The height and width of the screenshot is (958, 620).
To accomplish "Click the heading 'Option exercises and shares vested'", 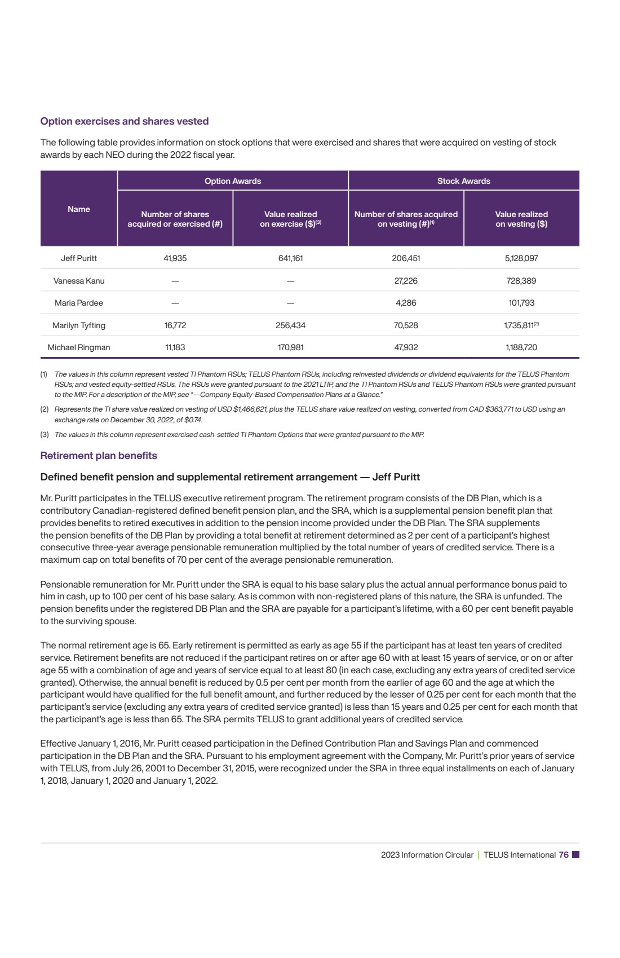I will [125, 121].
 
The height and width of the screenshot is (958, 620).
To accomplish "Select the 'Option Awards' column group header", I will [233, 181].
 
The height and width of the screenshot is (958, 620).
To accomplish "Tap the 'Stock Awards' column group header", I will [463, 181].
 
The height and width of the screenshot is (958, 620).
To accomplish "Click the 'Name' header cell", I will [79, 209].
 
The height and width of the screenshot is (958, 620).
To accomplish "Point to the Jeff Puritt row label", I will [79, 258].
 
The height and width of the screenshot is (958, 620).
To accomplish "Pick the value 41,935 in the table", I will [175, 258].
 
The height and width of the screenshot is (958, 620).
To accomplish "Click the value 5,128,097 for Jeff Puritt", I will [521, 258].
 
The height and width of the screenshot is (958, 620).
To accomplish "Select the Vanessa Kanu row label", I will [79, 281].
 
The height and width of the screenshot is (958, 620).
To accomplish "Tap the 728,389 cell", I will [521, 281].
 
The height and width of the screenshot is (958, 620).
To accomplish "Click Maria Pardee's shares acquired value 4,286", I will [406, 303].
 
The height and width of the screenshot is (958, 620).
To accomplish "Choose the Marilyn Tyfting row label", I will [79, 325].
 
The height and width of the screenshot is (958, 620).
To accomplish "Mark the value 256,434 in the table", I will [290, 325].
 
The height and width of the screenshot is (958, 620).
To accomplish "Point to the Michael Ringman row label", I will [79, 347].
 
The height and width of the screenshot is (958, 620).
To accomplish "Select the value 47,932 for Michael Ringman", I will [406, 347].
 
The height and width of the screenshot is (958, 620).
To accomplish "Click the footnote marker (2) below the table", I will [44, 409].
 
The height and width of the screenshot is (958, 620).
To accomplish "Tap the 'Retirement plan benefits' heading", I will [99, 456].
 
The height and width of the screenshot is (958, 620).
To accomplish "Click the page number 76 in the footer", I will [564, 855].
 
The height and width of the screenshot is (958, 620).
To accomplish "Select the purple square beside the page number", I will [575, 855].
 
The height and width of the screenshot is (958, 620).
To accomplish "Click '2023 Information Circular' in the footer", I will [427, 855].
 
